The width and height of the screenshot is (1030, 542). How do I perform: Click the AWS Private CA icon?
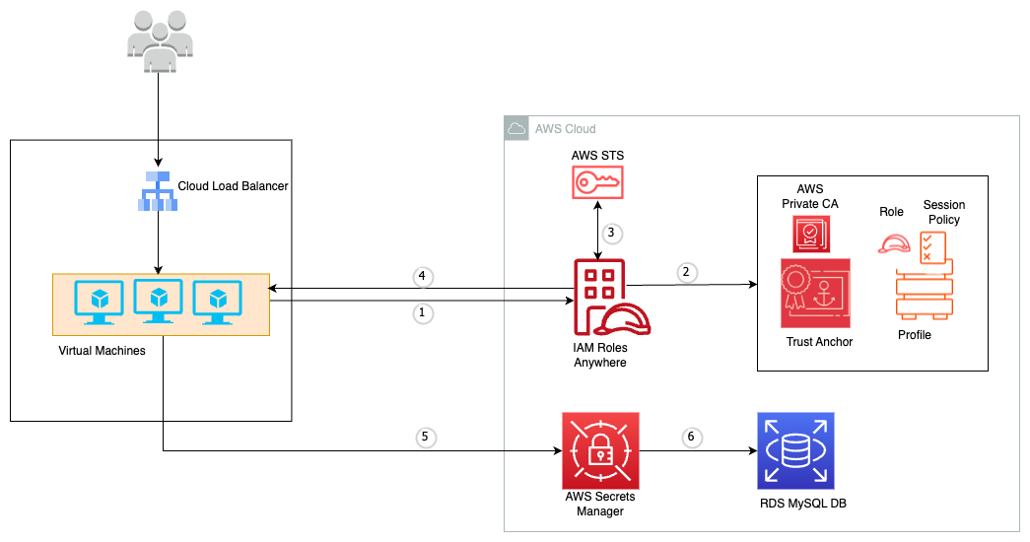tap(811, 235)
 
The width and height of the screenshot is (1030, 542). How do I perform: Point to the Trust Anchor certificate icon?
tap(815, 293)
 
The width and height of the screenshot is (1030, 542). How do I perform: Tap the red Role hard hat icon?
tap(893, 244)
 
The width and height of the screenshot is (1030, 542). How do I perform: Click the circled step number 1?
tap(423, 312)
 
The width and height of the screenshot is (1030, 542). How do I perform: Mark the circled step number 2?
tap(687, 272)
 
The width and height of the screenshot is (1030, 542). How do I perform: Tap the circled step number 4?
tap(423, 276)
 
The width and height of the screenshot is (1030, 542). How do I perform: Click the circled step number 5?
tap(424, 437)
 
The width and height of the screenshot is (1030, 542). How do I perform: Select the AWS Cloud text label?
tap(565, 129)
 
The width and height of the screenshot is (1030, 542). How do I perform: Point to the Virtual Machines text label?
tap(103, 351)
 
